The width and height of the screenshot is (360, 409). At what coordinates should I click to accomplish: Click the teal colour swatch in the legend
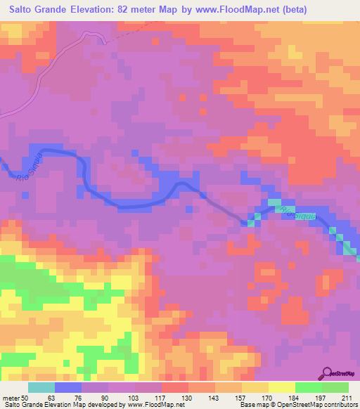[41, 387]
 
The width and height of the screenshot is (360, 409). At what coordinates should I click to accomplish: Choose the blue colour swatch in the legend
[68, 387]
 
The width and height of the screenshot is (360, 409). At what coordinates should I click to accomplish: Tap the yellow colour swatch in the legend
[282, 387]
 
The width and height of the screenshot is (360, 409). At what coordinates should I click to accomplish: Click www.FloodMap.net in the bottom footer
[150, 405]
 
